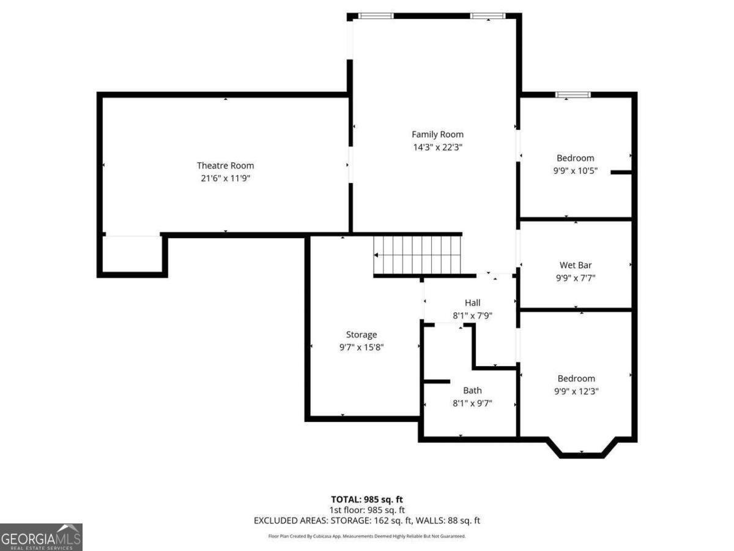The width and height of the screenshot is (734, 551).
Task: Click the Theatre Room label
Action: [225, 165]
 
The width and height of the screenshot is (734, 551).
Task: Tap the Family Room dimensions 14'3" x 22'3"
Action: [437, 148]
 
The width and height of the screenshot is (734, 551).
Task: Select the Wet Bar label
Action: [576, 265]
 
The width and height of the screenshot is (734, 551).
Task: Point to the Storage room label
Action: [361, 334]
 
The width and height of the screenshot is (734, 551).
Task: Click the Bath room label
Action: [472, 390]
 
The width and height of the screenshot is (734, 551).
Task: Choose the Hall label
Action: [472, 302]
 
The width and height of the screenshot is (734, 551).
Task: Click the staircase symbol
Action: [417, 255]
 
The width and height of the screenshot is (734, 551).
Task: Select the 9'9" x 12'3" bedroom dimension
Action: [576, 391]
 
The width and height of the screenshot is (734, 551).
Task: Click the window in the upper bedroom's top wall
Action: [573, 94]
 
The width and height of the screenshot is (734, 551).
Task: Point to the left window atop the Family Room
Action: [376, 16]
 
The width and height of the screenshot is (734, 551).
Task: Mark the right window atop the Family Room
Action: [487, 16]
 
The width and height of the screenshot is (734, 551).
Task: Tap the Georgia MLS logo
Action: [41, 537]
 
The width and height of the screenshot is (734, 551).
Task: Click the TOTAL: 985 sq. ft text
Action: [367, 499]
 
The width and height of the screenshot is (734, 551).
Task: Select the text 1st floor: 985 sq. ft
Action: [367, 509]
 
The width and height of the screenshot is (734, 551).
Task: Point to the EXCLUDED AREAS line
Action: [367, 520]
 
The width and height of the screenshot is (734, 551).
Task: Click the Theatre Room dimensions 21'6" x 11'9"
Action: [225, 178]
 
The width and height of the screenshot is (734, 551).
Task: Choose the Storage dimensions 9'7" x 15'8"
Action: [361, 347]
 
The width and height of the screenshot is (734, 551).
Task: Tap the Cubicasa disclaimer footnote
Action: [367, 536]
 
